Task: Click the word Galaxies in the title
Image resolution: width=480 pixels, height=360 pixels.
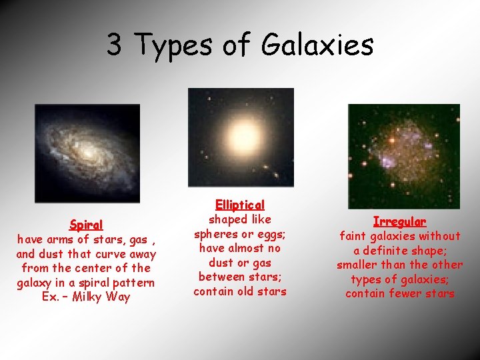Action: tap(317, 45)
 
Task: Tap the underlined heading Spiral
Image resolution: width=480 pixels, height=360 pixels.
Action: tap(86, 225)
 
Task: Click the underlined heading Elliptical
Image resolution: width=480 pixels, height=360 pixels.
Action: tap(240, 205)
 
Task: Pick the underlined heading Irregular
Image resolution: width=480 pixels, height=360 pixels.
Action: tap(399, 221)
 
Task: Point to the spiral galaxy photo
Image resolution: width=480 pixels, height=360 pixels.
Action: tap(87, 153)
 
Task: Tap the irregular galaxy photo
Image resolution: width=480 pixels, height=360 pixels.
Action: tap(403, 155)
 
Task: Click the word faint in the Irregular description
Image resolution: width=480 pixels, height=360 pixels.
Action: tap(357, 236)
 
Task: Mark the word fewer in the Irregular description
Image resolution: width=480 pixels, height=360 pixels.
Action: tap(400, 293)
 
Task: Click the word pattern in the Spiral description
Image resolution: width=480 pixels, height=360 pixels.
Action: tap(133, 283)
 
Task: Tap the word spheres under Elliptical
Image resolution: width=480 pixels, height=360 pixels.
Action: tap(216, 234)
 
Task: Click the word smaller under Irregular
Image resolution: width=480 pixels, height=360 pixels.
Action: tap(358, 265)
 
